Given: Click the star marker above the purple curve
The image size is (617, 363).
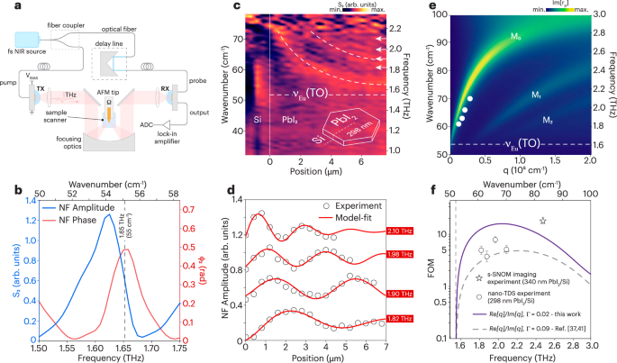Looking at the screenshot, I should click(x=541, y=221).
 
